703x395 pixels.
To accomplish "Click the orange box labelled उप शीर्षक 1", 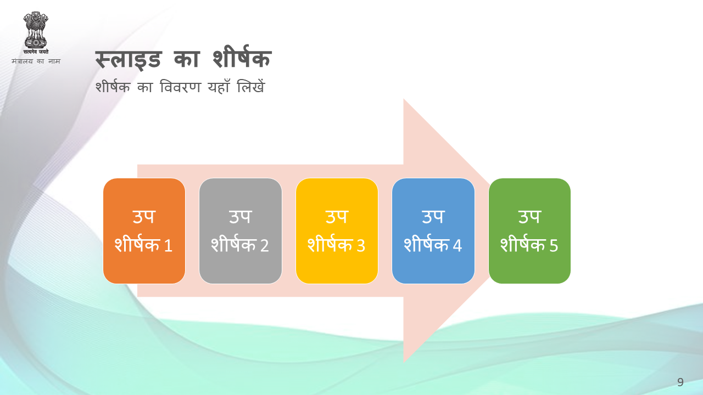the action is pos(144,231).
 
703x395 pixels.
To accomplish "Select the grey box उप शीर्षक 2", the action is pos(241,231).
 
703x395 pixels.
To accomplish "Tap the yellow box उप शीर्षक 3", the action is pos(337,231).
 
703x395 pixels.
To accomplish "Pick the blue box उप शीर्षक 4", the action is pos(433,231).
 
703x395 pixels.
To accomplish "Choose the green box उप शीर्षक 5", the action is pos(529,231).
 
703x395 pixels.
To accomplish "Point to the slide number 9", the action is pos(680,382).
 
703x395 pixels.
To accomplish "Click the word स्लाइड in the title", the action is pos(129,59).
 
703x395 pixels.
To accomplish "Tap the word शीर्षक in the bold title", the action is pos(242,57).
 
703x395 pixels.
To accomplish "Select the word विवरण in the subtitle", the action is pos(180,87).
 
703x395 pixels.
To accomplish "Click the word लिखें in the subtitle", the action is pos(251,86).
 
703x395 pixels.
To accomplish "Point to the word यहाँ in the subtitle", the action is pos(219,87).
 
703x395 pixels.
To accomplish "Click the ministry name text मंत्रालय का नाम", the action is pos(36,61).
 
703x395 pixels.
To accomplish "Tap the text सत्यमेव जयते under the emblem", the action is pos(36,52).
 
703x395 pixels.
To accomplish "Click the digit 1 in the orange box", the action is pos(168,245).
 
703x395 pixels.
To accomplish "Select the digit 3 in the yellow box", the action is pos(361,245).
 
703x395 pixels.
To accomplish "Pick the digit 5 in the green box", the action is pos(554,245).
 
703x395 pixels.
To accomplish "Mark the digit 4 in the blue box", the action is pos(457,245).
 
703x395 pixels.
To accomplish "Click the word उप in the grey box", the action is pos(241,217).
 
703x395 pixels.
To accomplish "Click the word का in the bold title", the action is pos(186,59).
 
